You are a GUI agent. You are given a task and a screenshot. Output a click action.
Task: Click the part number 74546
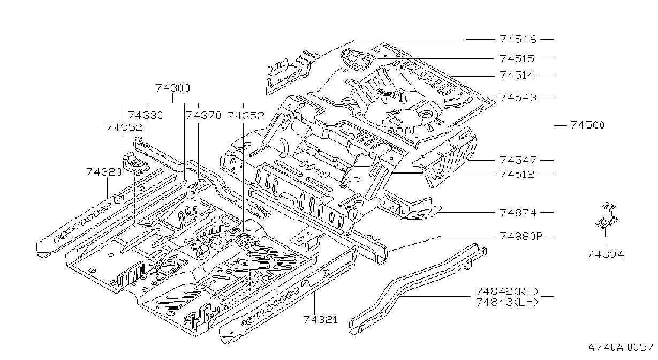(518, 39)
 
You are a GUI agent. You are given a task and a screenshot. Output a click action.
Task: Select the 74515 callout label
(517, 58)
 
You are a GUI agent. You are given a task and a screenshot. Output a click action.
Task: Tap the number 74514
(517, 75)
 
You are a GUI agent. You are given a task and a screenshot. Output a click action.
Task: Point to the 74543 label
(518, 97)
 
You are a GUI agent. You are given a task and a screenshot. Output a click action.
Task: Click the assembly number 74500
(587, 125)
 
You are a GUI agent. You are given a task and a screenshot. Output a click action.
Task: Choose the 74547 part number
(518, 160)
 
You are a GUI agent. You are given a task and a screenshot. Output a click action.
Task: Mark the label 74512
(517, 174)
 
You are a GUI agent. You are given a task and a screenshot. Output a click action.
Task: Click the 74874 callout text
(518, 213)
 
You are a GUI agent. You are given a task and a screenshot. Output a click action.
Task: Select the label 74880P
(521, 236)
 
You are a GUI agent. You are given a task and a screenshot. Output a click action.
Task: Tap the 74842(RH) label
(507, 291)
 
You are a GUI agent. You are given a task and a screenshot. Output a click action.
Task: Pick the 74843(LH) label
(507, 302)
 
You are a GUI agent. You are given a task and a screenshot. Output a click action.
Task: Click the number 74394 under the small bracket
(606, 254)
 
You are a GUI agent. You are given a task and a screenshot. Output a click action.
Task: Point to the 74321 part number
(321, 319)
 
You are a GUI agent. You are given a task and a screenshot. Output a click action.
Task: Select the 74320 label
(104, 172)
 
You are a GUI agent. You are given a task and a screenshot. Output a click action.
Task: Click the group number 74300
(173, 87)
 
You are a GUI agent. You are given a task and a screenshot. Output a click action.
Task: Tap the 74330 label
(146, 115)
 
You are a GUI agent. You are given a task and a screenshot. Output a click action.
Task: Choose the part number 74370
(203, 115)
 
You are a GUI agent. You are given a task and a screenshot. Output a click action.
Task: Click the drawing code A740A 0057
(621, 348)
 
